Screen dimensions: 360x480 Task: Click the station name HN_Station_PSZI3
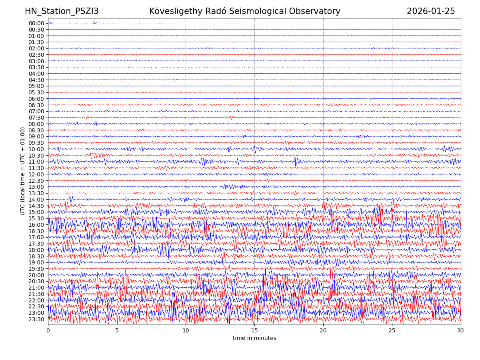click(62, 12)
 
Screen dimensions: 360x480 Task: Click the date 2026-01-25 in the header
click(431, 12)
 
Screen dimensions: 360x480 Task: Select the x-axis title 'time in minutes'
click(254, 338)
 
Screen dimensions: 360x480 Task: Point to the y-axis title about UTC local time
click(23, 171)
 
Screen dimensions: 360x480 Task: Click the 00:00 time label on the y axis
click(36, 23)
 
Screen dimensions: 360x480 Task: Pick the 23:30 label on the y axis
click(36, 319)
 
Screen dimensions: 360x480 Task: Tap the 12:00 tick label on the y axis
click(36, 174)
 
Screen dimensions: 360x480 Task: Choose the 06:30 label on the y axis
click(36, 105)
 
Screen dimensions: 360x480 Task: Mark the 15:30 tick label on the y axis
click(36, 218)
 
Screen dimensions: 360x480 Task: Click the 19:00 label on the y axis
click(36, 262)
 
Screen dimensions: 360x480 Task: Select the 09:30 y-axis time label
click(36, 143)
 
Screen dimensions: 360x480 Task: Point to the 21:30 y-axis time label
click(36, 294)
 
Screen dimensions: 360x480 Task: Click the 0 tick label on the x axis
click(48, 331)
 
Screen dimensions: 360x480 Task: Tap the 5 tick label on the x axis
click(117, 331)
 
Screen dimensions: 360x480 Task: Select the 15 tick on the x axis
click(254, 331)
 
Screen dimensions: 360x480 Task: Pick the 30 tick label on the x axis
click(461, 331)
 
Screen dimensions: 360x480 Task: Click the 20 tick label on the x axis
click(323, 331)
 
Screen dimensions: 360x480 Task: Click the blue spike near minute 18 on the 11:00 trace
click(296, 161)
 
